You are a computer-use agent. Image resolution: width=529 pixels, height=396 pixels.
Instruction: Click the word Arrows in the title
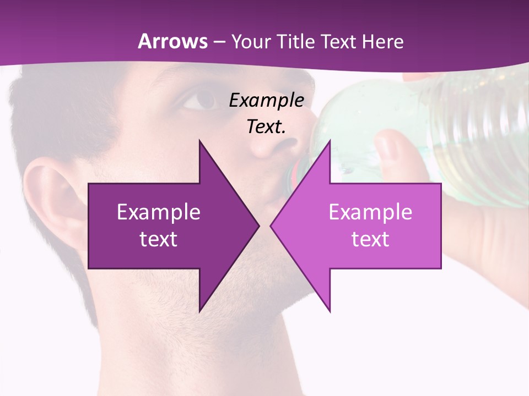click(x=172, y=41)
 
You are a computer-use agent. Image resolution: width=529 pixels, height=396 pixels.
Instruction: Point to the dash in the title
click(x=218, y=42)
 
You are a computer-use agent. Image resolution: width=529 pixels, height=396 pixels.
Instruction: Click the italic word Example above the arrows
click(x=267, y=101)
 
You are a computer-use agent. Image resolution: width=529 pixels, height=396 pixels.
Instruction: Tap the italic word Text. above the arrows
click(x=267, y=127)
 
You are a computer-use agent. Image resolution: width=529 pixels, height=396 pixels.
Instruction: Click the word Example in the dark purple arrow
click(x=159, y=212)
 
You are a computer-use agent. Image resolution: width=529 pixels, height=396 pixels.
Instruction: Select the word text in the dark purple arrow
click(x=159, y=239)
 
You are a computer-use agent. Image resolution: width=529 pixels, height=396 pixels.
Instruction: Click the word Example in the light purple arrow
click(x=370, y=212)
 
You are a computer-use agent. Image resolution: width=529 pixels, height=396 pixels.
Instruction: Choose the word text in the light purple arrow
click(x=370, y=239)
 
